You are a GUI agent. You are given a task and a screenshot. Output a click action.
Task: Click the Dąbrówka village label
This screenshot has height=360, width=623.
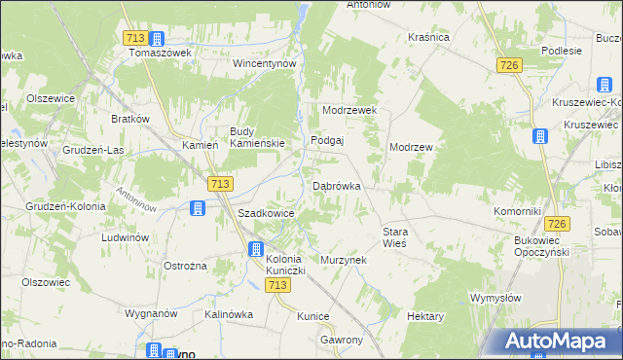[337, 186]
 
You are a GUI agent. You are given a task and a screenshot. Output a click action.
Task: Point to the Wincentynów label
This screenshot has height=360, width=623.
[263, 63]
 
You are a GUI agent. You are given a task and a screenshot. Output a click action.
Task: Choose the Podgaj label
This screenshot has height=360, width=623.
[328, 140]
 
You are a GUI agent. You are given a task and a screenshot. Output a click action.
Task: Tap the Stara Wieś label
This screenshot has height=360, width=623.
[393, 237]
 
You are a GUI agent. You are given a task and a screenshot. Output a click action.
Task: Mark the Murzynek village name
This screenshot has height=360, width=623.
[342, 261]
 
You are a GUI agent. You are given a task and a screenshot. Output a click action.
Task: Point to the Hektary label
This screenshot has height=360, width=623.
[425, 317]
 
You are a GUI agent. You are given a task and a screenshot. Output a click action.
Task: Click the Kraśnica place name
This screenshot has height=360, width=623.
[429, 37]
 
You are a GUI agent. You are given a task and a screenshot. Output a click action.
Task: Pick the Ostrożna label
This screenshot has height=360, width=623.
[186, 266]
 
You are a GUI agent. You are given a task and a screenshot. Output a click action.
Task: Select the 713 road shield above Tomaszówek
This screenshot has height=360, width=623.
[136, 38]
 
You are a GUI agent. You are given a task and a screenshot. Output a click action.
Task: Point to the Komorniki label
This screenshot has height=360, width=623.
[516, 211]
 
